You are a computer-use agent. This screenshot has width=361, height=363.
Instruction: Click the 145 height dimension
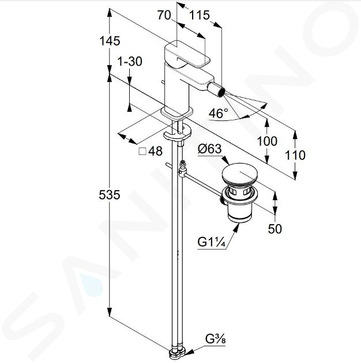110,41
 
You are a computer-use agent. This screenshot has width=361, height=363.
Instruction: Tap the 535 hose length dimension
110,195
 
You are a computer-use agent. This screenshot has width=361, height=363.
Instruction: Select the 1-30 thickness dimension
130,62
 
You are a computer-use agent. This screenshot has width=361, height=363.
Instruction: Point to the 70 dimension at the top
164,16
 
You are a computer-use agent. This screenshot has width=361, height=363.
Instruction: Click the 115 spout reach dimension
200,16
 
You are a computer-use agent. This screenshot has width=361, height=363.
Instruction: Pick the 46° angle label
219,114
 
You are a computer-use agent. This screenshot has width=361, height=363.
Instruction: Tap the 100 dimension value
267,141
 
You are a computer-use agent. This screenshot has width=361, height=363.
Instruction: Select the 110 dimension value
295,155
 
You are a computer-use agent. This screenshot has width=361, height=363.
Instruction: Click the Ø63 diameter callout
210,149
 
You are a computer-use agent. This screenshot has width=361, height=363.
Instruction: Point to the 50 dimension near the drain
275,229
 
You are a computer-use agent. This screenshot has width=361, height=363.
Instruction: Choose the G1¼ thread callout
211,243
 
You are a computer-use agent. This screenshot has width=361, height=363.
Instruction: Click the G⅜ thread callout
215,339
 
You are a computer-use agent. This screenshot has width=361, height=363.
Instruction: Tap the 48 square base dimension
156,151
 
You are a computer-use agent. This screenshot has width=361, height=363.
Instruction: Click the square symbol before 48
142,152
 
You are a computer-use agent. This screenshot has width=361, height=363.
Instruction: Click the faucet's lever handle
187,54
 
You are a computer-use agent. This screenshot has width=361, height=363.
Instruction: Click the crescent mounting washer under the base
178,134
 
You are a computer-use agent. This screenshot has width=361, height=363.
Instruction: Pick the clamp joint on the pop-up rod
182,171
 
